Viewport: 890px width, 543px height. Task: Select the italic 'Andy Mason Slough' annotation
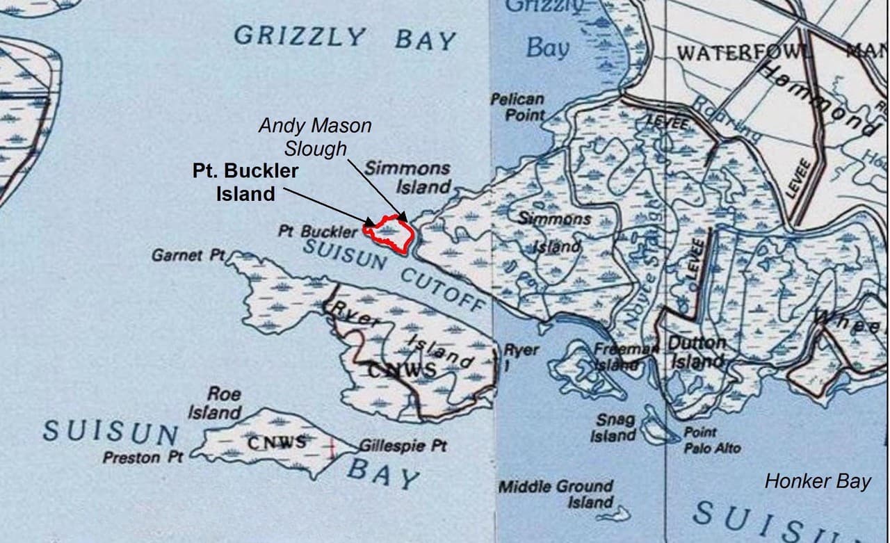pyautogui.click(x=315, y=137)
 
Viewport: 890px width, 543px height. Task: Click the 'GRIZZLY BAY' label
pyautogui.click(x=344, y=37)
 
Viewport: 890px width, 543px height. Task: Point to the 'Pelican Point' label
pyautogui.click(x=517, y=107)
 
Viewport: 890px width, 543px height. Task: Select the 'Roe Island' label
pyautogui.click(x=215, y=403)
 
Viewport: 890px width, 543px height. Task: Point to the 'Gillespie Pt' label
pyautogui.click(x=403, y=446)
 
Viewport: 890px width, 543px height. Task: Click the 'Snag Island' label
pyautogui.click(x=614, y=428)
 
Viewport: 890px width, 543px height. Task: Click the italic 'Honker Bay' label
pyautogui.click(x=818, y=481)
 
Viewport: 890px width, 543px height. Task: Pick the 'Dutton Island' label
pyautogui.click(x=697, y=352)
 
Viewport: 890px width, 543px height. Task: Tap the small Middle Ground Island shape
pyautogui.click(x=615, y=514)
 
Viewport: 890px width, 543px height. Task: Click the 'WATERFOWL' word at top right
pyautogui.click(x=744, y=54)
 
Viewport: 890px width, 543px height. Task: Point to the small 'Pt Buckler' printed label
pyautogui.click(x=318, y=231)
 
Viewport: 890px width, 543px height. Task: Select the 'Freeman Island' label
pyautogui.click(x=616, y=356)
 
